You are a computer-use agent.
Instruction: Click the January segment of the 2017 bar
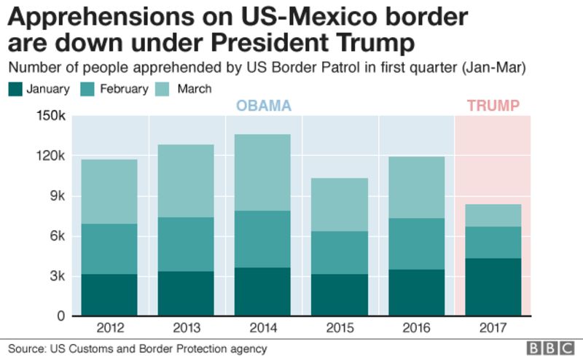click(x=493, y=287)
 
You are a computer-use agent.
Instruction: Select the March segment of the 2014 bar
click(x=262, y=172)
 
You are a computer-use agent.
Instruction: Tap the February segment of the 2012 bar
click(x=109, y=249)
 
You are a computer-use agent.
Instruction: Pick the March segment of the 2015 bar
click(x=340, y=205)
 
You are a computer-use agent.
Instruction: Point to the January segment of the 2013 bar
click(x=186, y=293)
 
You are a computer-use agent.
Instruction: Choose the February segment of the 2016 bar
click(x=416, y=243)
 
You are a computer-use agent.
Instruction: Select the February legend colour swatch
click(x=91, y=89)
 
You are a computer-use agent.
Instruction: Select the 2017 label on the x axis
click(x=493, y=327)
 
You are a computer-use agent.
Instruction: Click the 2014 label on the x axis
click(x=262, y=327)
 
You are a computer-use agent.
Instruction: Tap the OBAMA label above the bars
click(x=263, y=106)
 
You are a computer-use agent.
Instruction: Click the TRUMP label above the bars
click(x=493, y=106)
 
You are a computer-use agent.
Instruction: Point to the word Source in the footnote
click(x=26, y=348)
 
